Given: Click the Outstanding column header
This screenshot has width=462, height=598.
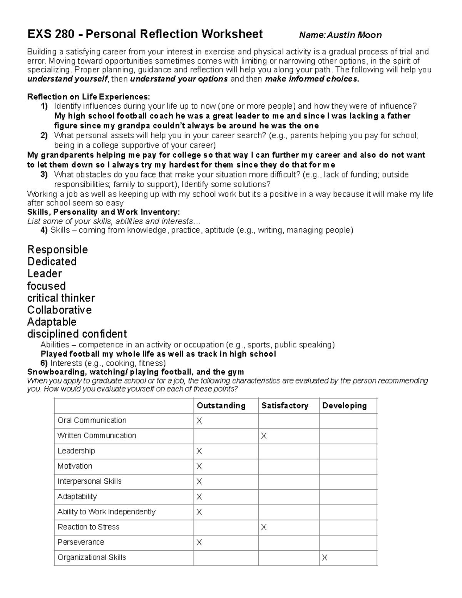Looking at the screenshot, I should coord(221,405).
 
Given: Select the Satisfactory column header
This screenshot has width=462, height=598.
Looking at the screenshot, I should coord(285,405).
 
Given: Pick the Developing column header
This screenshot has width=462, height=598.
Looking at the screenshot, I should coord(344,405).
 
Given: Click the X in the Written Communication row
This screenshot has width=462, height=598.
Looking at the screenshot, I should coord(264,436).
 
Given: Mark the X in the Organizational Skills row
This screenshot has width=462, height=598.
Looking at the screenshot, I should coord(325,558).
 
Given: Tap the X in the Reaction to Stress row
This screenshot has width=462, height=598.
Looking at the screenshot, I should coord(264,527).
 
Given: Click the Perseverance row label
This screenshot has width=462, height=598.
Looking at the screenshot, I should coord(81,542).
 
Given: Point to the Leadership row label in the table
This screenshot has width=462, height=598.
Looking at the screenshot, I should coord(76,451).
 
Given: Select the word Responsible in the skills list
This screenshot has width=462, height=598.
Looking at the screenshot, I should coord(57,250).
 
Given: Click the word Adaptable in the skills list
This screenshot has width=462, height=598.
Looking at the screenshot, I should coord(52,322).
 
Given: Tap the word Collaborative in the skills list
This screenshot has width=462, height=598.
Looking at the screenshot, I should coord(59,310).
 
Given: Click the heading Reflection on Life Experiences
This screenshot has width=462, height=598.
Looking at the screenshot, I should coord(89,96).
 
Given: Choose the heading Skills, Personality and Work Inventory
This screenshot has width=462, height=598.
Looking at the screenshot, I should coord(103,212).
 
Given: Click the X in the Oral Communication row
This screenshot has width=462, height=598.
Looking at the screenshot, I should coord(199,421).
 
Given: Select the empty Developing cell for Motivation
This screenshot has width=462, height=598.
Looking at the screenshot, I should coord(348,466).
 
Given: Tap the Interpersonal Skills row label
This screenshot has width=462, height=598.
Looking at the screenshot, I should coord(89,481).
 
